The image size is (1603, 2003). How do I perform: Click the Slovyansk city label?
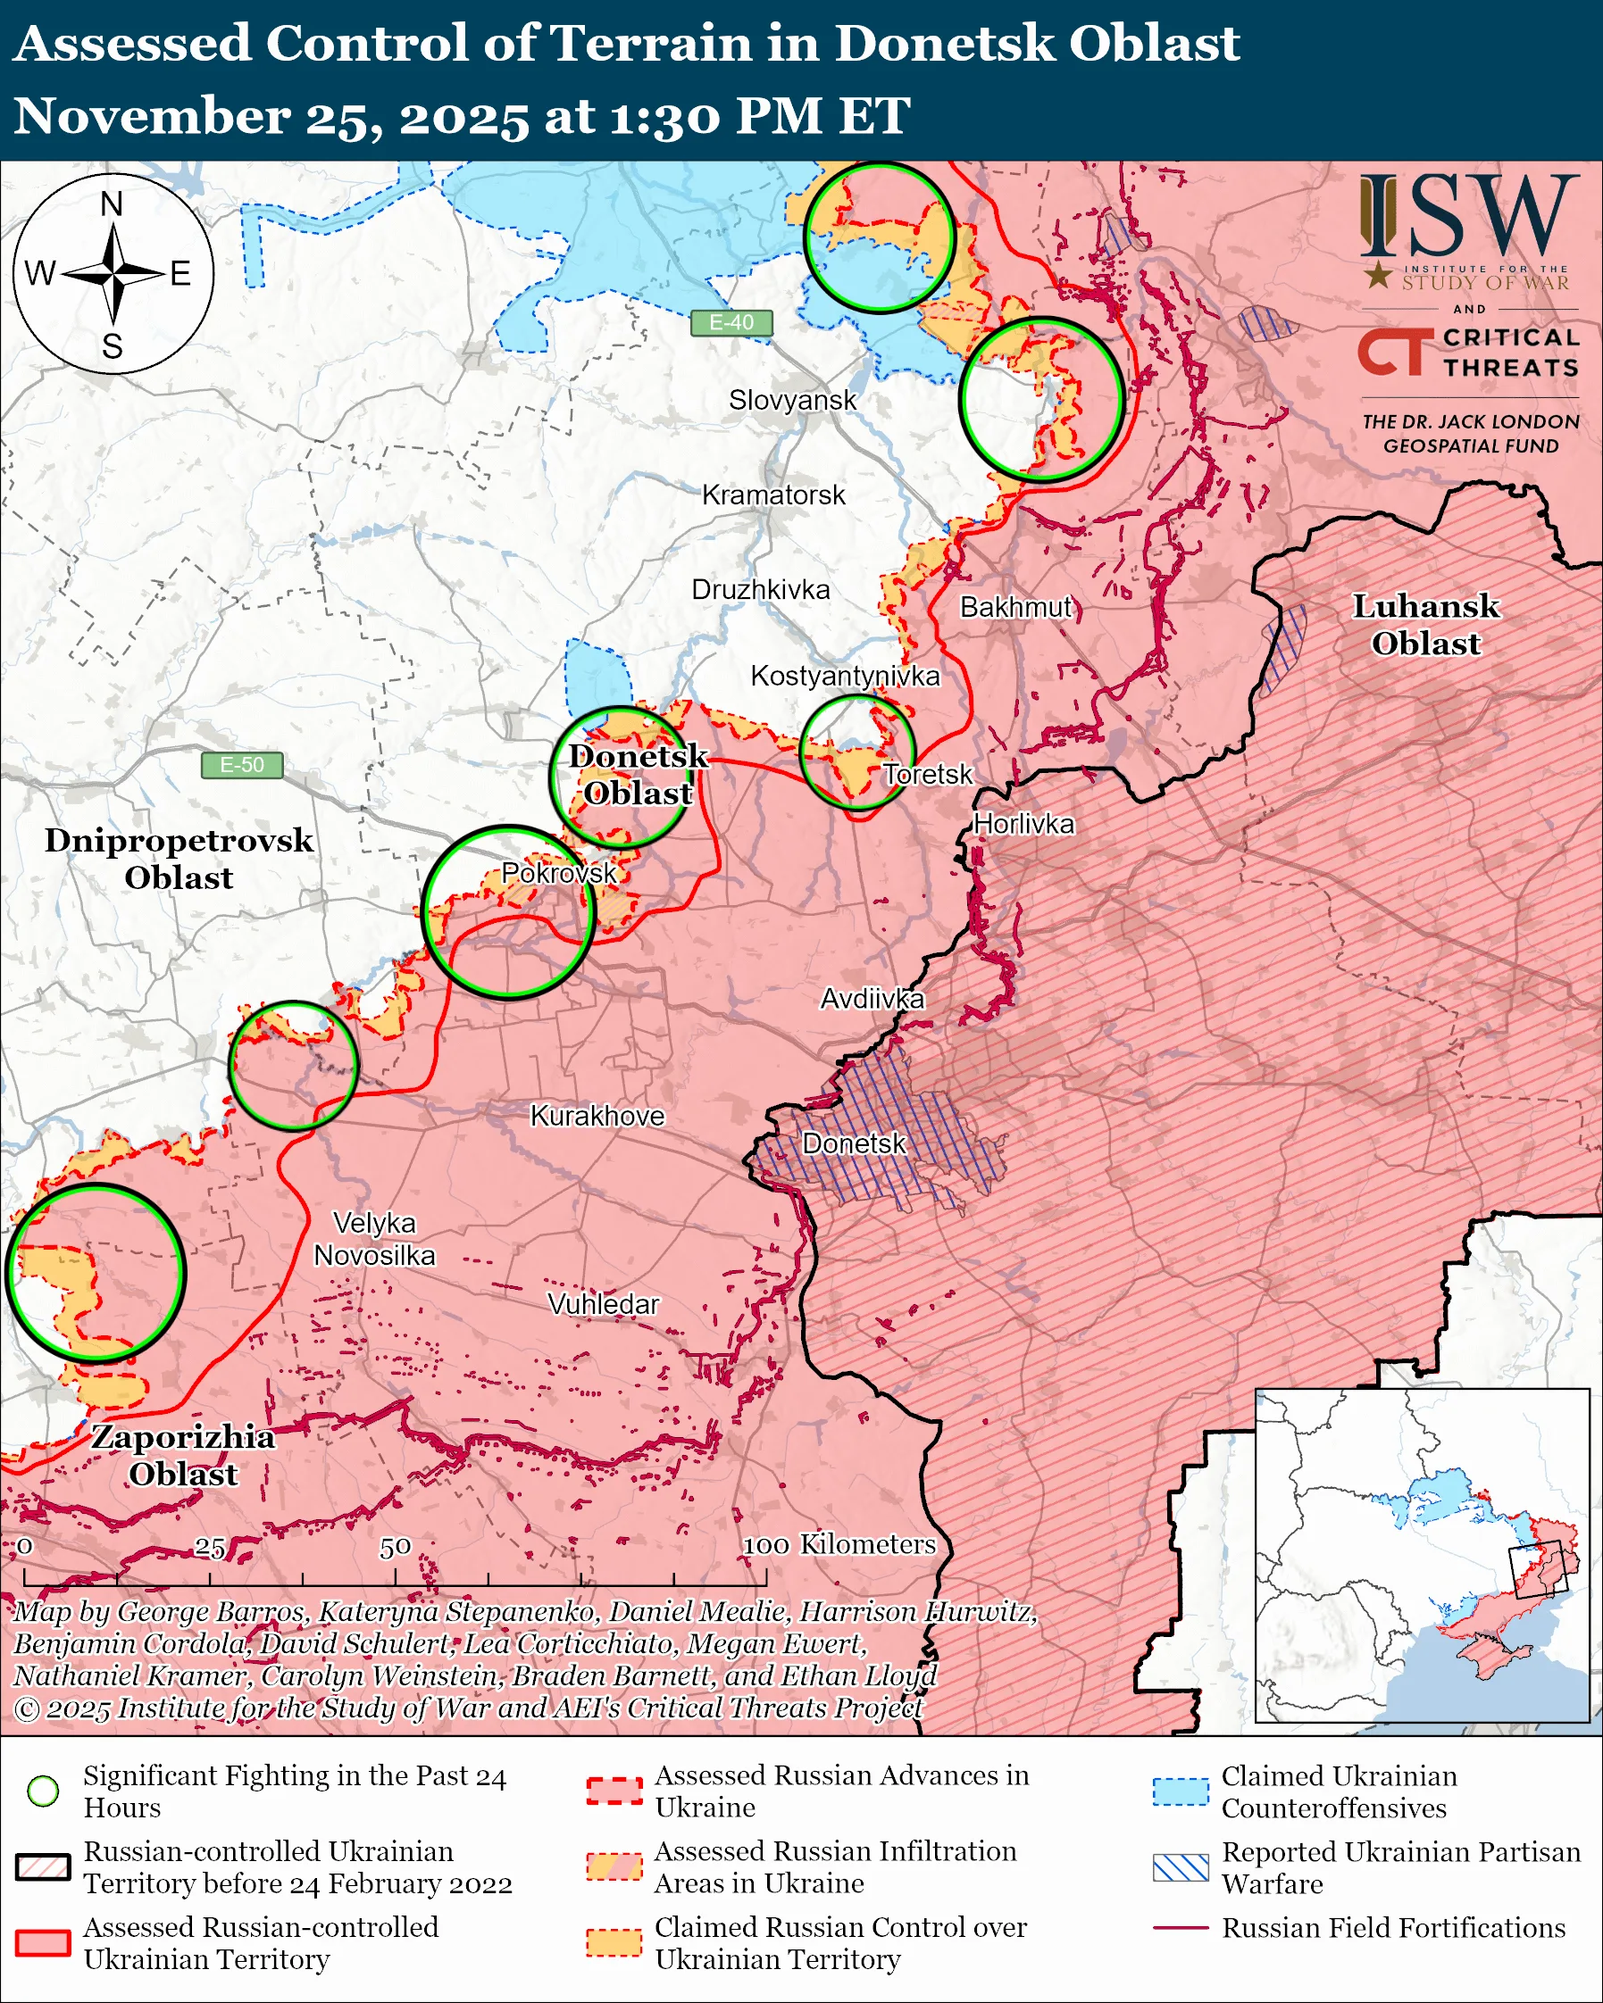(x=792, y=401)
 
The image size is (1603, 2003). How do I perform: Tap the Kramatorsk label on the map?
(x=773, y=495)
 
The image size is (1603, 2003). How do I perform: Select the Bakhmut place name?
(x=1015, y=608)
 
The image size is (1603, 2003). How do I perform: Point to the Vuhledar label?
(x=603, y=1304)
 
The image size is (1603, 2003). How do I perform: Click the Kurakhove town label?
(x=597, y=1116)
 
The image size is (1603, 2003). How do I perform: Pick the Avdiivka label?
(x=872, y=999)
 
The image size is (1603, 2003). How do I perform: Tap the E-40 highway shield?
(x=731, y=322)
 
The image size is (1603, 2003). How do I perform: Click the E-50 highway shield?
(x=242, y=765)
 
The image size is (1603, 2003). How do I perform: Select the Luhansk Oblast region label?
(x=1425, y=624)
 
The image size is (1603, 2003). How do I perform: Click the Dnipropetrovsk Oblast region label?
(x=179, y=859)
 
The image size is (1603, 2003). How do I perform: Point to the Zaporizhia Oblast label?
(x=183, y=1455)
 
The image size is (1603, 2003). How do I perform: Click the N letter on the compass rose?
(x=112, y=204)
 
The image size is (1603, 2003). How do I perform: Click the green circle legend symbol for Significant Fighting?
(x=43, y=1791)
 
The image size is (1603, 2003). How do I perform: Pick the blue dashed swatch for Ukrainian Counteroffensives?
(x=1181, y=1791)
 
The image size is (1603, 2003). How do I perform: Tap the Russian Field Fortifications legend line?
(x=1181, y=1929)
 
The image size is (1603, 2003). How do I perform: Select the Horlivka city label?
(x=1024, y=824)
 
